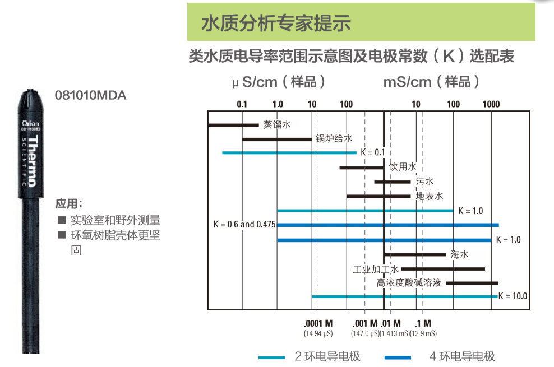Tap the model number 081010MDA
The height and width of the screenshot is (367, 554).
point(91,95)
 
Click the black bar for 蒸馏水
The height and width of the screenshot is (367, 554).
point(233,124)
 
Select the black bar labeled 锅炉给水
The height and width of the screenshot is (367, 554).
point(277,138)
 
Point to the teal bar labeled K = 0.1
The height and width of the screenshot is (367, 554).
point(289,152)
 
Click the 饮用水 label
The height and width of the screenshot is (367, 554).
point(403,167)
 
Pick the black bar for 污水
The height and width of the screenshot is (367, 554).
point(393,182)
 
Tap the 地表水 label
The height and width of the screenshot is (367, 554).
point(430,196)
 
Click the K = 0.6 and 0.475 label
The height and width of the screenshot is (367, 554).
point(244,225)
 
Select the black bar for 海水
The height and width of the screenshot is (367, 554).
point(415,254)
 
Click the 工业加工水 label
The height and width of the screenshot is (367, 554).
point(376,269)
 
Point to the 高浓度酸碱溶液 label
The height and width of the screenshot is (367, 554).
point(409,284)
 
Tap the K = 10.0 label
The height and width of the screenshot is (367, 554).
point(513,296)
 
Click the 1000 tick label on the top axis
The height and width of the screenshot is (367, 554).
point(491,104)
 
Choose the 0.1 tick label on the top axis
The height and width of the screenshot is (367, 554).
point(242,104)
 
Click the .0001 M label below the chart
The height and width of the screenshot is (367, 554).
point(318,323)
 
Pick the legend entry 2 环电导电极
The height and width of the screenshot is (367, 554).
point(327,356)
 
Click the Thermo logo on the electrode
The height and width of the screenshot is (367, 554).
point(31,160)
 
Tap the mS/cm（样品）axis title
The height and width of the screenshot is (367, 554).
point(432,82)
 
